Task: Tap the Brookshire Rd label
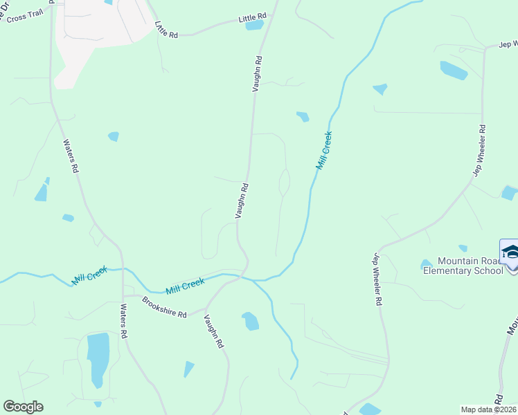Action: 164,307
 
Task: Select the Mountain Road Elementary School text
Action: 463,266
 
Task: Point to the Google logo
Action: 23,407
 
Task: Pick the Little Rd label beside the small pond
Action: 252,16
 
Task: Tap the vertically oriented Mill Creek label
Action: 324,151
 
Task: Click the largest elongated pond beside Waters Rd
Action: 98,360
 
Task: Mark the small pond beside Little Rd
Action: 254,26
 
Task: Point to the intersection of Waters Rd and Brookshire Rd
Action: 123,295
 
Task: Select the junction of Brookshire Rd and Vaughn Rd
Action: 206,308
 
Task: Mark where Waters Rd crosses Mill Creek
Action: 123,269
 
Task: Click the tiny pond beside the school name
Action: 427,264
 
